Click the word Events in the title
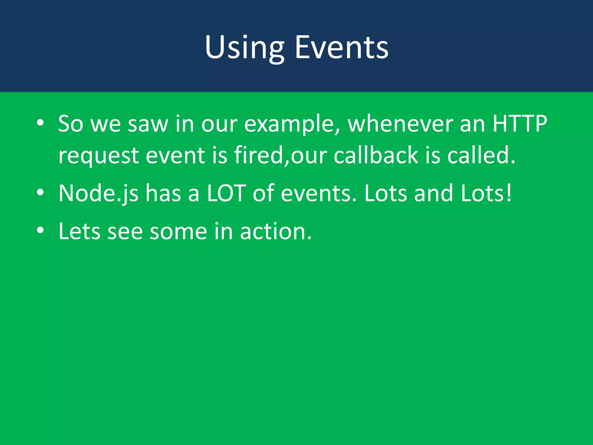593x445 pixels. [x=342, y=48]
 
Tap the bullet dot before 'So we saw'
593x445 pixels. [x=40, y=123]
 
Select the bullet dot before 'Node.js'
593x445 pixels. [x=40, y=193]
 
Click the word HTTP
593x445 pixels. [x=520, y=124]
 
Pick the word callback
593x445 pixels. [x=376, y=155]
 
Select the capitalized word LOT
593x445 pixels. [x=226, y=193]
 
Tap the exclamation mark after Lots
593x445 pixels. [x=509, y=193]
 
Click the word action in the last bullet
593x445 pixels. [x=276, y=231]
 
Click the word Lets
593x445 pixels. [x=80, y=231]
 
